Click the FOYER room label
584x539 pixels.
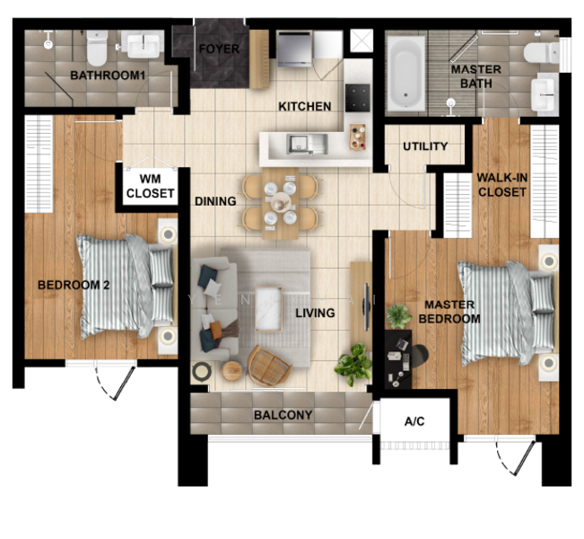219,49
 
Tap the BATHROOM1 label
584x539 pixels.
108,75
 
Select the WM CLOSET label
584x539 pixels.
144,186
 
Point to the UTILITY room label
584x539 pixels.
425,146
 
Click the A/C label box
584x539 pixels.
414,420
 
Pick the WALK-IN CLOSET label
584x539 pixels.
501,184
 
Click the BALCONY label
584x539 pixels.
283,415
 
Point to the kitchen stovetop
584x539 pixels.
358,95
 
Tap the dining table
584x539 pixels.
281,202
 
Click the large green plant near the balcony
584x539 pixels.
353,364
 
